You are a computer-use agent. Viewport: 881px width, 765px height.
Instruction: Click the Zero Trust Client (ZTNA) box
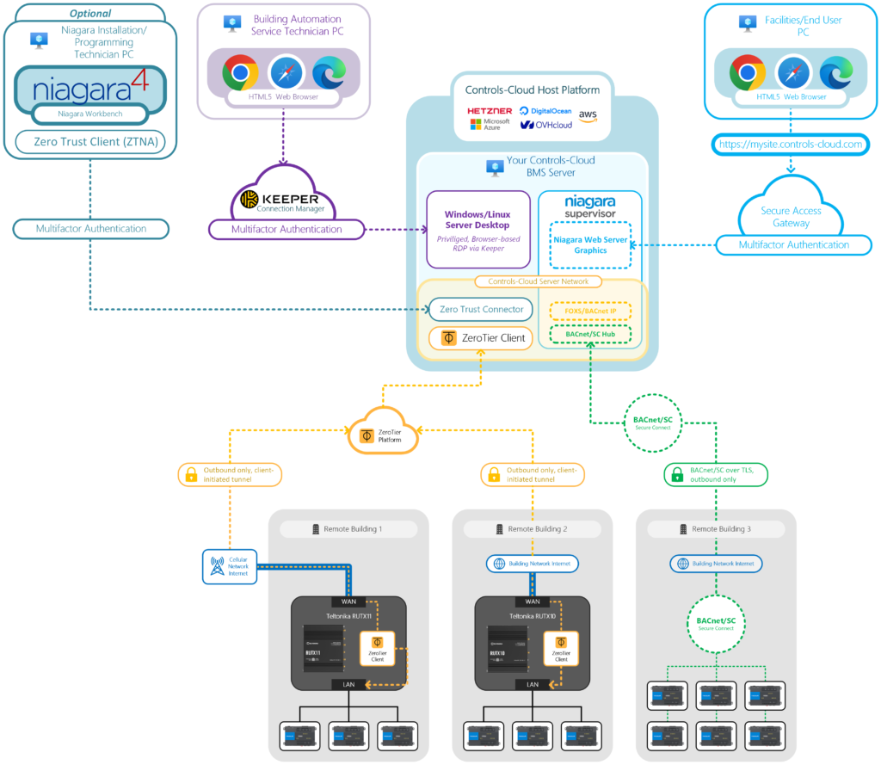tap(90, 142)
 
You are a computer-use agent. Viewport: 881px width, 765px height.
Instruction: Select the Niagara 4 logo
tap(90, 89)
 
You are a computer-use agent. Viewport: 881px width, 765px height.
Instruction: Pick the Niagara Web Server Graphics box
tap(590, 245)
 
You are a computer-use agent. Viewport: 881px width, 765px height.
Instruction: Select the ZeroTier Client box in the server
tap(482, 338)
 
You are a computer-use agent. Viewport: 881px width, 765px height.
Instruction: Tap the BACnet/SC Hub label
tap(590, 333)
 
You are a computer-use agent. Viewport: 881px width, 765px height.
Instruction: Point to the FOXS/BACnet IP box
tap(590, 311)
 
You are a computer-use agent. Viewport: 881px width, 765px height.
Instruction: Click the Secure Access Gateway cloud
tap(791, 215)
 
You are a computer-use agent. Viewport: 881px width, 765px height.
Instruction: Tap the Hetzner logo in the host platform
tap(490, 111)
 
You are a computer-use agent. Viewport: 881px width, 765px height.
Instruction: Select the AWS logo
tap(588, 115)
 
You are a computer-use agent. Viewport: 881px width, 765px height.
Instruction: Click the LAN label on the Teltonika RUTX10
tap(532, 684)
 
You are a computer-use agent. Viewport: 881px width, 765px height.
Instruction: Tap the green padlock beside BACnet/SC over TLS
tap(676, 474)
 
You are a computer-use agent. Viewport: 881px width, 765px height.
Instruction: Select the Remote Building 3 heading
tap(716, 529)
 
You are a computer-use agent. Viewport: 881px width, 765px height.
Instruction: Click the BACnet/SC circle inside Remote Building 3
tap(716, 623)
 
